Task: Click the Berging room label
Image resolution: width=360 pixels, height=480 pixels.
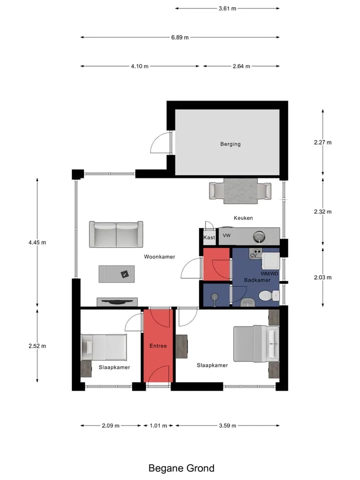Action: tap(230, 144)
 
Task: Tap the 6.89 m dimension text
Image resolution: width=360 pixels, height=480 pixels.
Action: tap(179, 37)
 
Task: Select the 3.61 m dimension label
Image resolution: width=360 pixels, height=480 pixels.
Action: tap(227, 8)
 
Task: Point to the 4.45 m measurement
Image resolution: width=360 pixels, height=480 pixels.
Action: tap(37, 242)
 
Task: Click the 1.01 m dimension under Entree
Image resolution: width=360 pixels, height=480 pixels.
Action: tap(158, 425)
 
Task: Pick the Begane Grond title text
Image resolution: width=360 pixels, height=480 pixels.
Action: tap(181, 468)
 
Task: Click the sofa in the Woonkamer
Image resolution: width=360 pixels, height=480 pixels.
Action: tap(116, 234)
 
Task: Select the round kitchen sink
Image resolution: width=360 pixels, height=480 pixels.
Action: tap(259, 236)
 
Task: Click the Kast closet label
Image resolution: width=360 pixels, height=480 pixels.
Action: tap(209, 237)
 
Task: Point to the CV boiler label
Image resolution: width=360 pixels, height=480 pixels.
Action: tap(253, 255)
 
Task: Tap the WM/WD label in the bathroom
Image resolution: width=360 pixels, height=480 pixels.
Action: tap(269, 273)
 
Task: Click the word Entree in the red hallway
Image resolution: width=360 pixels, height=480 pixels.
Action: tap(158, 346)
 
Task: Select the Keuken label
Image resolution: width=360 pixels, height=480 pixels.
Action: tap(243, 218)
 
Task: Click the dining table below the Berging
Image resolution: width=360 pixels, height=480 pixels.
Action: tap(240, 191)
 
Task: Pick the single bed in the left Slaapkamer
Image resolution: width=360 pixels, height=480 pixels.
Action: tap(104, 347)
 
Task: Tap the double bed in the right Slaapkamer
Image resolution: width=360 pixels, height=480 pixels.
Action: tap(256, 343)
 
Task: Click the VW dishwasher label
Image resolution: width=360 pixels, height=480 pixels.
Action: tap(226, 235)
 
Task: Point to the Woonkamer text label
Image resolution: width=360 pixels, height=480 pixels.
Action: tap(159, 256)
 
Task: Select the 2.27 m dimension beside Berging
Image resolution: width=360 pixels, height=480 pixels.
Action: tap(322, 142)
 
